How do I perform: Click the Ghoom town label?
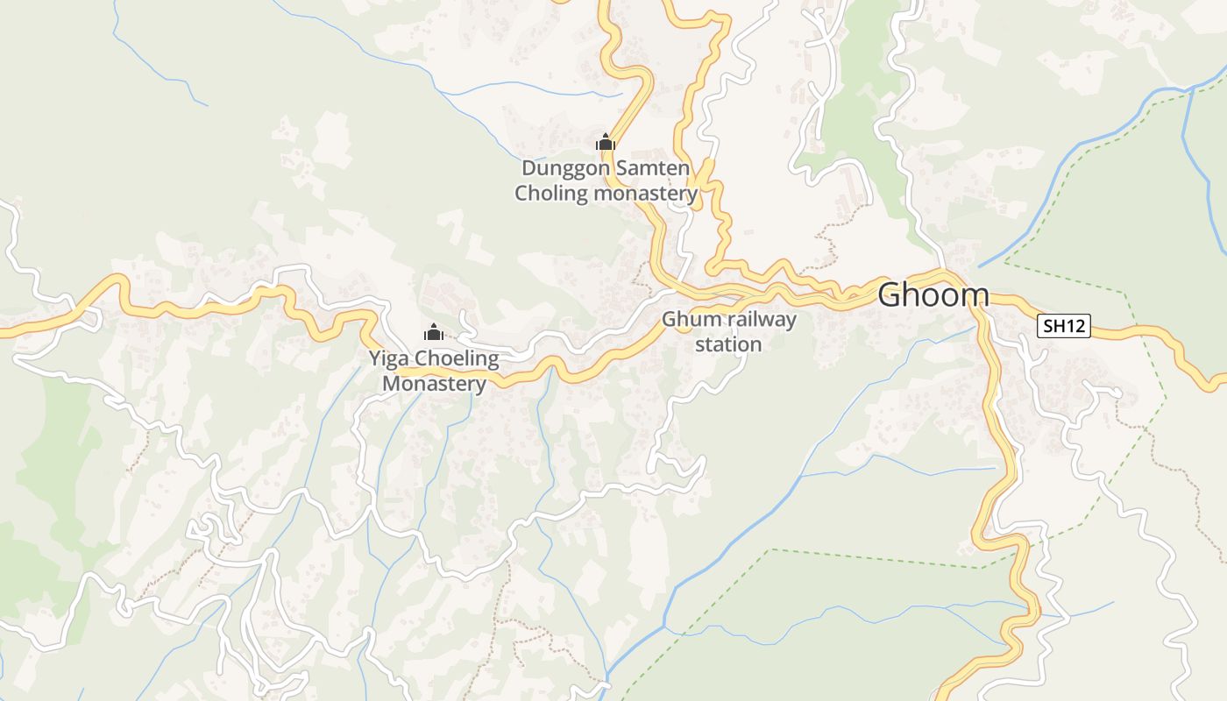coord(933,295)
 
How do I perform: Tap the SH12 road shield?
coord(1064,327)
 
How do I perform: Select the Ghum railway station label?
coord(728,331)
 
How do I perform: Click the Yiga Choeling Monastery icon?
coord(433,332)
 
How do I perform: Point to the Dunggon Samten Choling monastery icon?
coord(605,142)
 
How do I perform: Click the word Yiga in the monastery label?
coord(388,358)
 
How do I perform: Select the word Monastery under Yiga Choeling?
coord(434,384)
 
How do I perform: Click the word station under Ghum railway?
coord(728,344)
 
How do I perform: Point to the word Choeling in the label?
coord(456,358)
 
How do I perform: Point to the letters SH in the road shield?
coord(1053,327)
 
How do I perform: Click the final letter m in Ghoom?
coord(976,295)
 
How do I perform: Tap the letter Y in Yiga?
coord(374,358)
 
